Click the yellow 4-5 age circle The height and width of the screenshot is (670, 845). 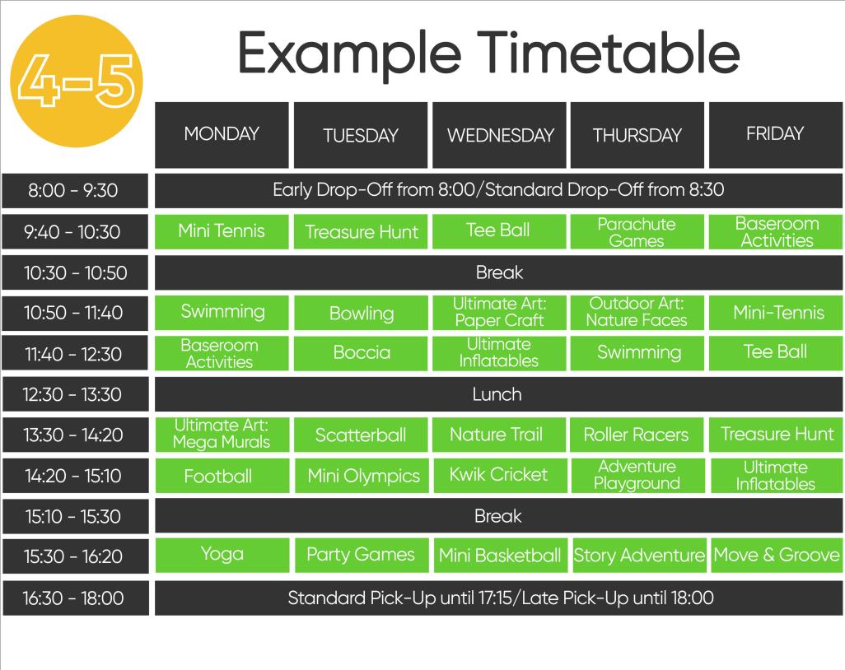pos(75,81)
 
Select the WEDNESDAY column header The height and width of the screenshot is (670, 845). pos(500,135)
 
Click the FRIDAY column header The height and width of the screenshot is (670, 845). pos(775,134)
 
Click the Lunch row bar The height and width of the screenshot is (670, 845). pos(498,394)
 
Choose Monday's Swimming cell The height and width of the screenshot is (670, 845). pos(222,312)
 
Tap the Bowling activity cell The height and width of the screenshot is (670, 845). pos(361,313)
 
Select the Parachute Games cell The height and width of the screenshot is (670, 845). pos(637,232)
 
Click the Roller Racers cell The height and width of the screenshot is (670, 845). pos(637,435)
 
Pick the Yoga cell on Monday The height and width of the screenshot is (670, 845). pos(222,555)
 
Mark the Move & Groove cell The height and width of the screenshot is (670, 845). pos(776,555)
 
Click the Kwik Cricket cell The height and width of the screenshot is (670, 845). pos(498,475)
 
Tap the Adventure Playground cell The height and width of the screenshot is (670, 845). pos(637,475)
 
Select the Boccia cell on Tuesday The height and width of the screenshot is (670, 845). pos(361,353)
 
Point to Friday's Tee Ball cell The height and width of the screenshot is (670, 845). pos(776,353)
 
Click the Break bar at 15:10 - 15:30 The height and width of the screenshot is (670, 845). pos(498,516)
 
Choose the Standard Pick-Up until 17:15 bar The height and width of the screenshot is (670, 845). pos(498,598)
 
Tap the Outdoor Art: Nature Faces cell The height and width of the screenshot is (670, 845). pos(637,312)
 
